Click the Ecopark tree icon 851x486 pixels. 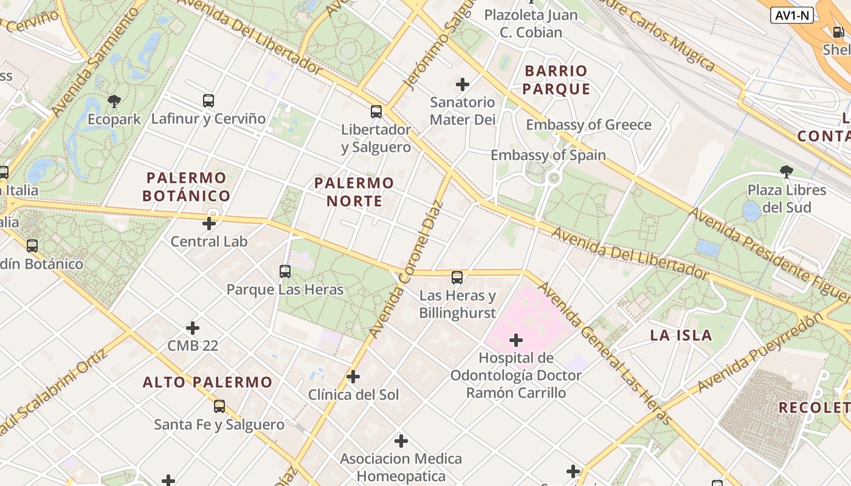(x=114, y=101)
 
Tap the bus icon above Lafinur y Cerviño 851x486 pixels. (x=208, y=101)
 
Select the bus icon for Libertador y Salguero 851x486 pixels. (x=376, y=112)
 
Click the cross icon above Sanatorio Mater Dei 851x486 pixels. (x=463, y=84)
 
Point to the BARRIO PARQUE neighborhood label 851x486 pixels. (x=556, y=80)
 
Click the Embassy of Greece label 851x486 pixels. (x=588, y=125)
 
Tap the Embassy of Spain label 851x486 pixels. (x=548, y=156)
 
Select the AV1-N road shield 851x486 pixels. (x=791, y=16)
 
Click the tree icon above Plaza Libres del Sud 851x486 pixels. (x=787, y=172)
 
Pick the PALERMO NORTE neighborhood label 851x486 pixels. (x=354, y=192)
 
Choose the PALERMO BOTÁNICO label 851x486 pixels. (x=187, y=187)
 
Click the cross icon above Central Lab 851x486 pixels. (x=209, y=224)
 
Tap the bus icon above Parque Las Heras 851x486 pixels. (x=285, y=272)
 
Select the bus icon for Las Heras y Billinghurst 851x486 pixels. (x=457, y=278)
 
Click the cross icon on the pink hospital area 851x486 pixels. (x=516, y=340)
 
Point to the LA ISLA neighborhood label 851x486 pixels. (x=681, y=335)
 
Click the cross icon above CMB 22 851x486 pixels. (x=193, y=328)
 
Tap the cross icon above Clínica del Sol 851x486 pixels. (x=353, y=377)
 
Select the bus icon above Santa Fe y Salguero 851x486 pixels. (x=219, y=406)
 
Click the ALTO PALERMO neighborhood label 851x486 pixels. (x=207, y=383)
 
